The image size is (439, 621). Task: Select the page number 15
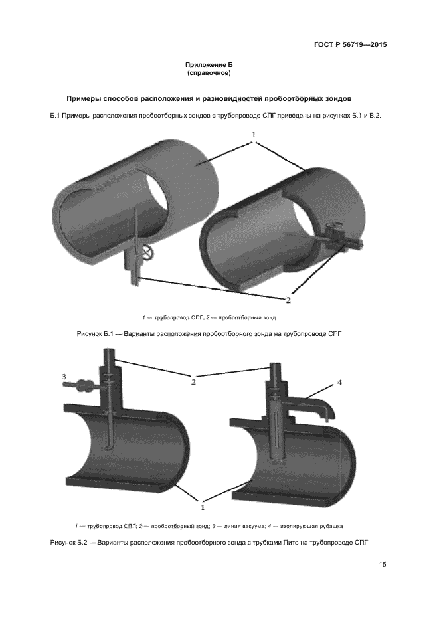click(383, 565)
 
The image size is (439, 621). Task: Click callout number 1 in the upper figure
click(254, 135)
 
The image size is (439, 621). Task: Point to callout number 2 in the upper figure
click(288, 300)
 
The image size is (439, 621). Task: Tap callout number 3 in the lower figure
click(64, 377)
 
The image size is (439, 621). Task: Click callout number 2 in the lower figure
click(194, 382)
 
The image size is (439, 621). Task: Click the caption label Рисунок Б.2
click(69, 543)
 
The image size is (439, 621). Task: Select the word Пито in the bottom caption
click(275, 543)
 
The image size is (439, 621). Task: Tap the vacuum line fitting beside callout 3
click(84, 385)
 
